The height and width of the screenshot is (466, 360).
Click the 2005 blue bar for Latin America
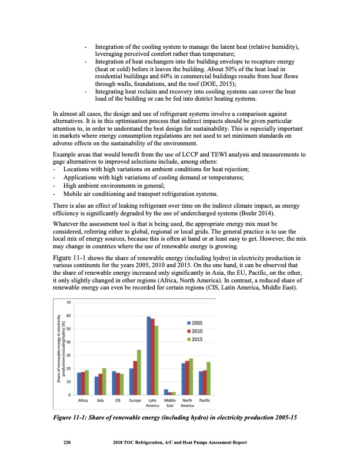coord(149,355)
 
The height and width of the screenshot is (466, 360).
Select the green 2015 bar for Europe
coord(139,372)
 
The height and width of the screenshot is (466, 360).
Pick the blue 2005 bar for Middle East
coord(166,392)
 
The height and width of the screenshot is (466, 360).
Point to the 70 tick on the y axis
coord(69,302)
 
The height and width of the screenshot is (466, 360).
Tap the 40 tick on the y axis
coord(69,342)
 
